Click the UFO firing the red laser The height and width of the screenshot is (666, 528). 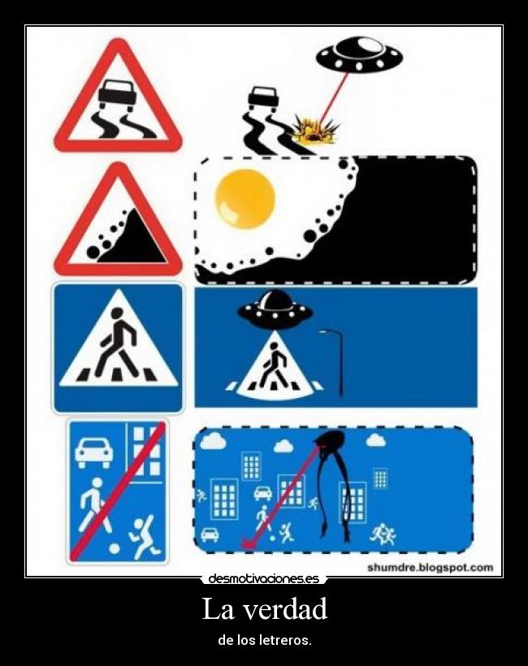(359, 54)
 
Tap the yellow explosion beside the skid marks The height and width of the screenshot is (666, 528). (314, 131)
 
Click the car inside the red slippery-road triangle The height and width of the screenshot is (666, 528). (117, 90)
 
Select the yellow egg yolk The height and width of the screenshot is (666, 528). (245, 198)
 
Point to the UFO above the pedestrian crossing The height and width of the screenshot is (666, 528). (275, 311)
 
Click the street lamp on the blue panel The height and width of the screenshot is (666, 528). (335, 362)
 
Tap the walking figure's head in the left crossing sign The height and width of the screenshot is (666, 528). (118, 314)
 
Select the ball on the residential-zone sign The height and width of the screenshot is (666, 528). (115, 549)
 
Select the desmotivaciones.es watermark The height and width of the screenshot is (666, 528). (264, 578)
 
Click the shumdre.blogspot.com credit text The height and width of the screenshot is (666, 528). (430, 568)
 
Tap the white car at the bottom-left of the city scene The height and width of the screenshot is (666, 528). (210, 534)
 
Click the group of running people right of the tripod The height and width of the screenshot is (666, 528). (383, 534)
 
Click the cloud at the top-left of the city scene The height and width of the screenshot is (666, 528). (213, 441)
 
